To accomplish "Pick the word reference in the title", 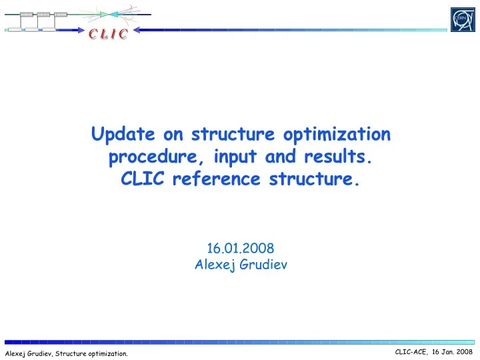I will [215, 180].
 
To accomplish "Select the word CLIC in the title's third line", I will [141, 180].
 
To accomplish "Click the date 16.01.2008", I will [241, 249].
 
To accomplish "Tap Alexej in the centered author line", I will [214, 264].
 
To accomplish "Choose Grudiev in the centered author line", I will [263, 264].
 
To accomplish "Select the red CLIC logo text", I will [107, 35].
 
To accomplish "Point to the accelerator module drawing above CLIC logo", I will [40, 18].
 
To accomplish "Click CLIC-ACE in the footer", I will [411, 351].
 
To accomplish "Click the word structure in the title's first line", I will [233, 135].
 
